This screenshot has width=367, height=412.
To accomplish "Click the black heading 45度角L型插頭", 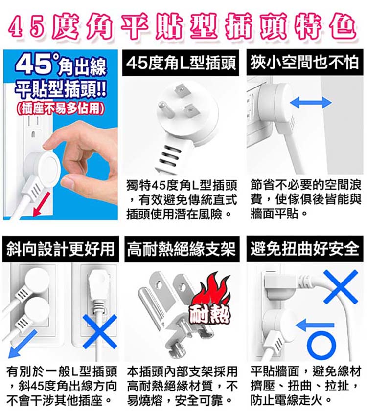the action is click(181, 63).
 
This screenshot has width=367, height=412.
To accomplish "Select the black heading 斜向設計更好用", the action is click(61, 249).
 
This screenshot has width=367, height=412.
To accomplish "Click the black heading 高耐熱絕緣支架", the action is click(182, 249).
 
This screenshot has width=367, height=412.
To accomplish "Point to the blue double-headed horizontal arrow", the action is click(311, 103).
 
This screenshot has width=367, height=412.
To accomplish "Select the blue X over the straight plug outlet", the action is click(100, 331).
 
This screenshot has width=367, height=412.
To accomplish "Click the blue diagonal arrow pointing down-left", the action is click(23, 344).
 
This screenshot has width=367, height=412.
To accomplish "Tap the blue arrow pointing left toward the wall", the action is click(314, 325).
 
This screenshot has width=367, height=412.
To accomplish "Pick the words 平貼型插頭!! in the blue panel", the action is click(61, 89).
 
